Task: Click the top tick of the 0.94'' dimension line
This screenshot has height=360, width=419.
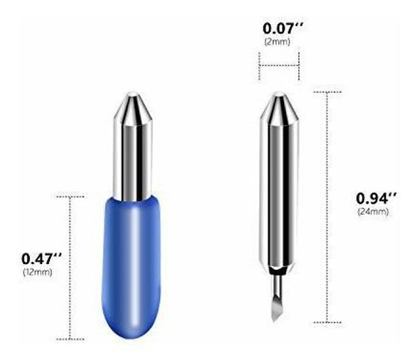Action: pyautogui.click(x=327, y=92)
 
